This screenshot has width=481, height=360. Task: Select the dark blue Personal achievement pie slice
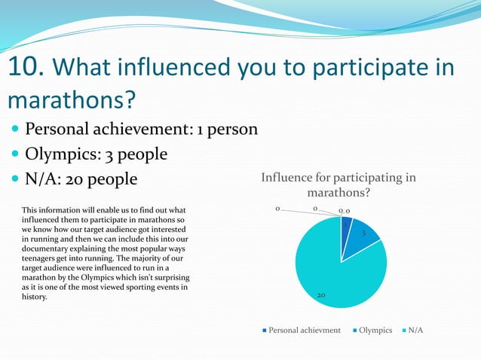[x=345, y=229]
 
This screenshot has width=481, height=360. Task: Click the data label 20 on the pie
[x=320, y=296]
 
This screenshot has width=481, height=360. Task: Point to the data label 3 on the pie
[x=363, y=234]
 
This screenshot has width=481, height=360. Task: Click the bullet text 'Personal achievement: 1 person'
[x=141, y=130]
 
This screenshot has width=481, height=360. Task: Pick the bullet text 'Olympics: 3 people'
[x=96, y=154]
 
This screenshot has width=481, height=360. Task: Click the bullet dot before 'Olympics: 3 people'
[x=14, y=154]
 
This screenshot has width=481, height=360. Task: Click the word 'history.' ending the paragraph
[x=35, y=297]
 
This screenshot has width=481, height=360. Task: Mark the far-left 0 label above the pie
[x=277, y=208]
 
